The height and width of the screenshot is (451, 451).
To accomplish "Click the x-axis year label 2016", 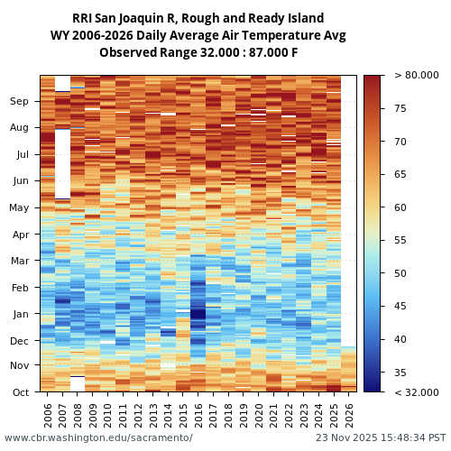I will (198, 414).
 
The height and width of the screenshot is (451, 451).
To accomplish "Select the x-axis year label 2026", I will (349, 414).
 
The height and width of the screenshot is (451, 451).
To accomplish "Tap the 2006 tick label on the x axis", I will (48, 414).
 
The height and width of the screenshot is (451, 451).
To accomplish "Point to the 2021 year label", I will (273, 414).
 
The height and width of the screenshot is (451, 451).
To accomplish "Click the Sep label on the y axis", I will (20, 102).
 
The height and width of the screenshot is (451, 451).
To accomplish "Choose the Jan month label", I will (20, 314).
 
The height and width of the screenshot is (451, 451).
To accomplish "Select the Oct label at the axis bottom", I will (20, 392).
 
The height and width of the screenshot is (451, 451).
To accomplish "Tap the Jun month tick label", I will (20, 180).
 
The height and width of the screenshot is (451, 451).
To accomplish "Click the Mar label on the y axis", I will (20, 261).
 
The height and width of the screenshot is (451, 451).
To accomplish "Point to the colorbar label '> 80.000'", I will (416, 76).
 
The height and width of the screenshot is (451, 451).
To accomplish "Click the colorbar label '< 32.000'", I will (416, 392).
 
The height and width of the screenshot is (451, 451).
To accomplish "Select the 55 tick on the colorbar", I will (400, 241).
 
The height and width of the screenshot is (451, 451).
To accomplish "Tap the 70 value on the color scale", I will (400, 142).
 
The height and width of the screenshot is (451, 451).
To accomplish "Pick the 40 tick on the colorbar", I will (400, 339).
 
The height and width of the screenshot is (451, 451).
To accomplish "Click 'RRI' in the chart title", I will (84, 19).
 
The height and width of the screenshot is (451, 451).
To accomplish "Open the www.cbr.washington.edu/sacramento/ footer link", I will (98, 437).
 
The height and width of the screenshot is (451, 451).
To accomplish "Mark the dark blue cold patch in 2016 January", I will (198, 317).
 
